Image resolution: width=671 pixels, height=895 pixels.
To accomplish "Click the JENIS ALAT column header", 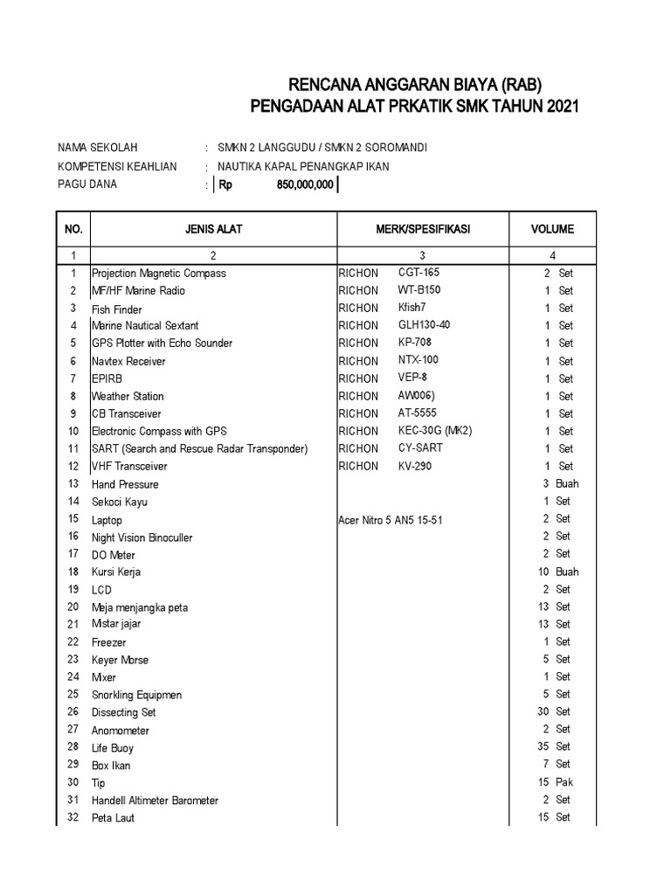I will [x=213, y=230].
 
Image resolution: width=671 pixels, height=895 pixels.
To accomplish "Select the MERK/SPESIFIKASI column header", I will [x=422, y=230].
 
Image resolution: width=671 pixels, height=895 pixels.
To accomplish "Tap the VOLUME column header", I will [x=552, y=230].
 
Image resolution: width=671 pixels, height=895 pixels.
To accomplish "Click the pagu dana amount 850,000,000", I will [x=300, y=185].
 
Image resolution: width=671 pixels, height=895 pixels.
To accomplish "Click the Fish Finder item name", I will [x=117, y=309].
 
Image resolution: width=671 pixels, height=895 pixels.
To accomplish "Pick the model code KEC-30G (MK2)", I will [x=433, y=431].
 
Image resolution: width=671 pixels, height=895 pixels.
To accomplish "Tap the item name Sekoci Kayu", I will [x=120, y=502].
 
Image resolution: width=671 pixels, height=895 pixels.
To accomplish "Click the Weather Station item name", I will [x=128, y=396].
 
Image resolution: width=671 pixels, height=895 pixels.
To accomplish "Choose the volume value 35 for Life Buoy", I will [x=543, y=747].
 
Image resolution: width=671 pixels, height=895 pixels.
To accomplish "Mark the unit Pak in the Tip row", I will [x=564, y=782].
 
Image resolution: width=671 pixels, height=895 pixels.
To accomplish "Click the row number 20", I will [x=73, y=607].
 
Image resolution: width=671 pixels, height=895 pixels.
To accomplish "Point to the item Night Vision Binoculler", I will [x=142, y=538].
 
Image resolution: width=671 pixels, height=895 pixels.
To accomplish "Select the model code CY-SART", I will [x=419, y=448].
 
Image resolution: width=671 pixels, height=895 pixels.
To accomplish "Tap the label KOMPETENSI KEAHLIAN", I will [x=117, y=166].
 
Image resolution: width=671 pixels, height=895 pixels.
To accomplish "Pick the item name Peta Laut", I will [x=114, y=818].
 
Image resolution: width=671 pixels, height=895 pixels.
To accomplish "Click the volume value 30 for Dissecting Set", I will [x=543, y=711].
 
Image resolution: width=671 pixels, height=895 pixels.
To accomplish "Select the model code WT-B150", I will [x=419, y=290].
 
